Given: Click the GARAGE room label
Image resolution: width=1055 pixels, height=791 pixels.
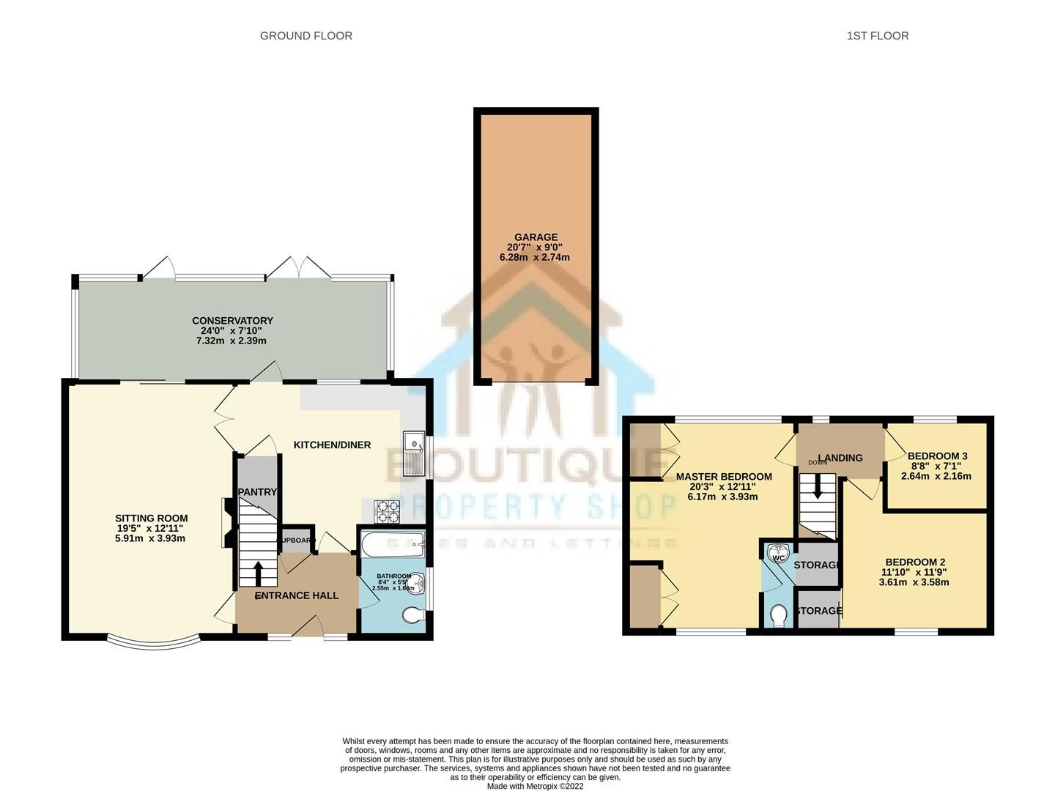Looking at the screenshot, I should point(536,237).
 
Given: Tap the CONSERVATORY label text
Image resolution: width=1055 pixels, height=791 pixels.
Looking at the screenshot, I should point(232,321).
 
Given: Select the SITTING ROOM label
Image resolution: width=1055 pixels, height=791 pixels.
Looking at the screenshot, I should point(151,519).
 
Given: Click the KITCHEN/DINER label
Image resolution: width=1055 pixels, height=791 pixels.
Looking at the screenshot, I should point(332,445).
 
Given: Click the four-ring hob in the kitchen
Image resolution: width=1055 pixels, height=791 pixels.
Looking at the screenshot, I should point(386,511).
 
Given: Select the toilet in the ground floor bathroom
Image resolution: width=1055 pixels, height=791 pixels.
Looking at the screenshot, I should point(413,616).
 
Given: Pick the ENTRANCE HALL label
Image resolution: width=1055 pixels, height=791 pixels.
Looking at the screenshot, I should point(297,595).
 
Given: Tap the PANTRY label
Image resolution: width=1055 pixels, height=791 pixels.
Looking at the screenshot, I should point(257,492).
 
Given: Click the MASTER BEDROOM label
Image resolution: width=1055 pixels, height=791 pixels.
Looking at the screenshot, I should point(724,477).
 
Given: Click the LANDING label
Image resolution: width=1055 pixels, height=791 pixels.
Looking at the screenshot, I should point(840,458).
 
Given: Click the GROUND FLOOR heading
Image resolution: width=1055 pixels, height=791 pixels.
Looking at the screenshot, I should point(306,35).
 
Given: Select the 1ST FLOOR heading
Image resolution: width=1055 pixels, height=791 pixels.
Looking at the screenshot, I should point(877,35).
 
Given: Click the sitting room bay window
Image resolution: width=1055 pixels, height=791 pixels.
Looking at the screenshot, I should point(153,644).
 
